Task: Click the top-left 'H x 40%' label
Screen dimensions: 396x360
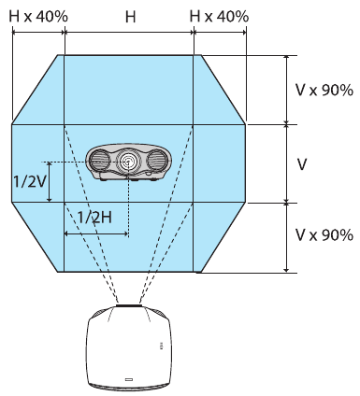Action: point(39,16)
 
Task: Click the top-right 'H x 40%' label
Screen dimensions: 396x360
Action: point(219,16)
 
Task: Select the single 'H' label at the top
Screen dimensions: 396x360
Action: point(129,16)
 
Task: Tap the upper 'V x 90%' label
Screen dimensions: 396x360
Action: point(324,91)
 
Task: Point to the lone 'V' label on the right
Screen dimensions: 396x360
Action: point(302,163)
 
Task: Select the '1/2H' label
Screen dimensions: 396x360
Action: point(94,216)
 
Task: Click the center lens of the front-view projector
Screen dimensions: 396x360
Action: point(129,162)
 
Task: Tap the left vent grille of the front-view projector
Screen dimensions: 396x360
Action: point(100,163)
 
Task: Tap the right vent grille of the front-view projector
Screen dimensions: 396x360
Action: point(158,163)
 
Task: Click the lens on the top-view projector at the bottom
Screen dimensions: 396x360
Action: point(128,305)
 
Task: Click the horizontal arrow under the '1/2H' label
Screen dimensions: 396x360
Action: point(95,233)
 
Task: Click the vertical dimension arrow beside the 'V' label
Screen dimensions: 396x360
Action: point(285,163)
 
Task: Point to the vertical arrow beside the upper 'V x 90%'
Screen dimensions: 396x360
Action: point(285,89)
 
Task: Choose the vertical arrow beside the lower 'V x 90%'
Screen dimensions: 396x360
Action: point(285,237)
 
